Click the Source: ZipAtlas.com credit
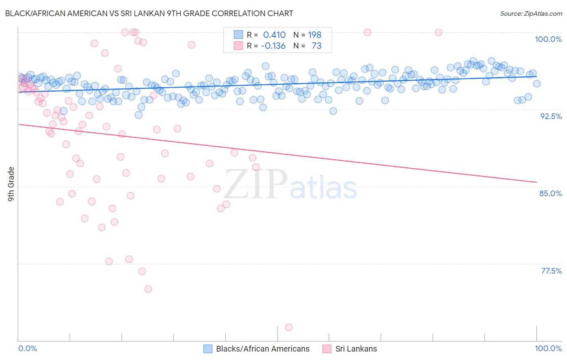pos(531,13)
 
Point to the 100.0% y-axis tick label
pos(548,39)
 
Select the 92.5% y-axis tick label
pos(551,116)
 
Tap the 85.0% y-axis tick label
pos(550,193)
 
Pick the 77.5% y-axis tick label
pos(551,271)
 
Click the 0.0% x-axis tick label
pos(27,348)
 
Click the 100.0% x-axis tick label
pos(548,348)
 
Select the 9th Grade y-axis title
pos(11,184)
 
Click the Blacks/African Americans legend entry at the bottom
pos(263,349)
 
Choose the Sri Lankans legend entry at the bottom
pos(356,349)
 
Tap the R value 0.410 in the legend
pos(274,35)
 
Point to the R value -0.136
pos(273,46)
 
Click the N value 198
pos(315,35)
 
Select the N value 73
pos(317,46)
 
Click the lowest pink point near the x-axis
pos(289,327)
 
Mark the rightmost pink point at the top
pos(438,32)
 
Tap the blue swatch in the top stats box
pos(238,35)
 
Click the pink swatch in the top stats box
pos(238,46)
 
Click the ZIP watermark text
pos(255,184)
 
